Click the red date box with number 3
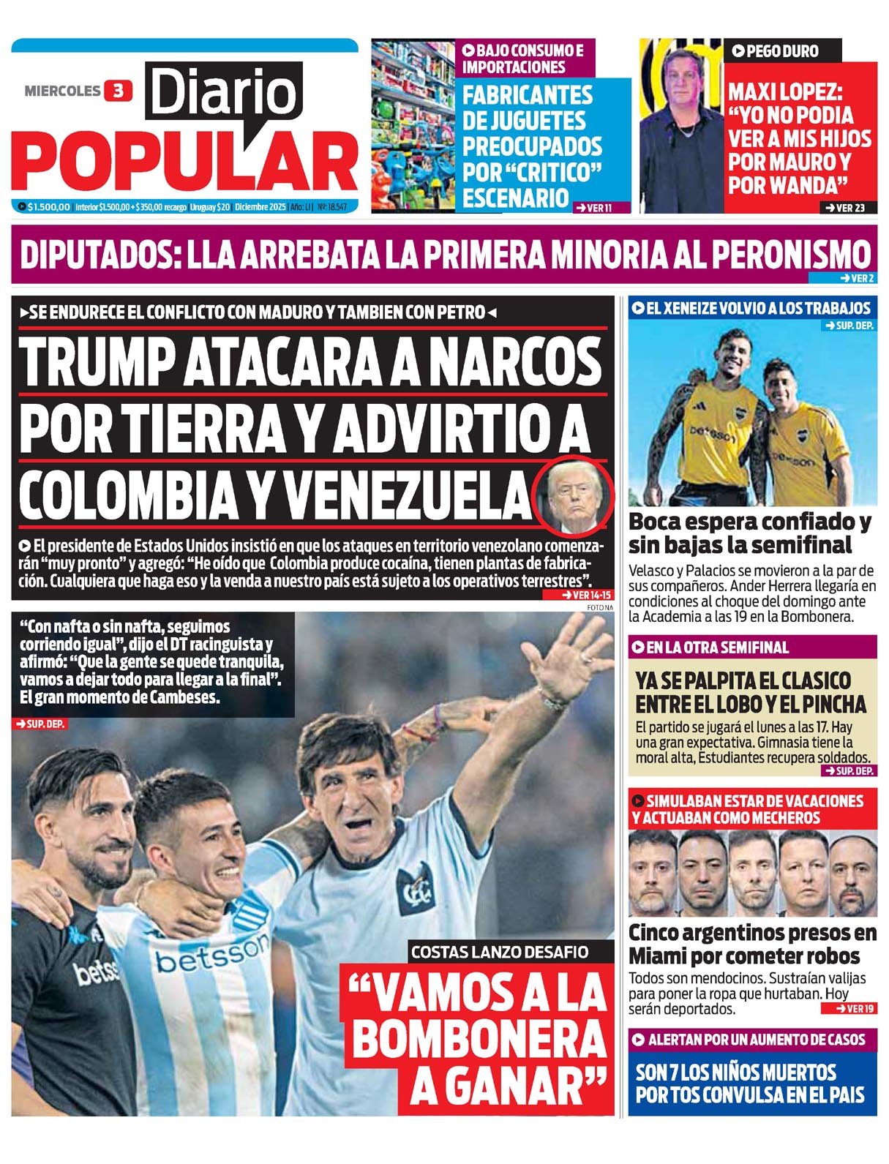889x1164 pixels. point(118,91)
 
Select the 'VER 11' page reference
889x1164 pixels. point(593,208)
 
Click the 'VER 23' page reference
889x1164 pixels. point(845,208)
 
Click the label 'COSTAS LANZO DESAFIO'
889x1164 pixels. point(500,952)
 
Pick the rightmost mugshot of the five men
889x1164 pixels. point(853,874)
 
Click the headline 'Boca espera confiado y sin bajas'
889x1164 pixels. point(750,533)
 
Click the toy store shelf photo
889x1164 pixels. point(413,126)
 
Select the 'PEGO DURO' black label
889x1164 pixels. point(776,51)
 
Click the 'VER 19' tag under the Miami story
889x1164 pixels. point(848,1009)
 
